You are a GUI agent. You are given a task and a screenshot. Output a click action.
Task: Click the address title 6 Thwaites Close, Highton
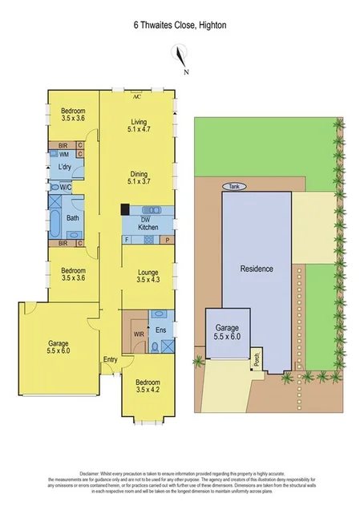click(180, 25)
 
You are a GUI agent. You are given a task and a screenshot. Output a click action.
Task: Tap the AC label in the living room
click(136, 95)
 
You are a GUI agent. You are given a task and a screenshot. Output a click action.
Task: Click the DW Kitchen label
click(148, 224)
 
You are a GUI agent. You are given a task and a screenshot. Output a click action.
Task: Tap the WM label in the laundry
click(63, 153)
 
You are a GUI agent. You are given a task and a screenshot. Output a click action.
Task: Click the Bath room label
click(72, 217)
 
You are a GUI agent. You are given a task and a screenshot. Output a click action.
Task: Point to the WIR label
click(138, 333)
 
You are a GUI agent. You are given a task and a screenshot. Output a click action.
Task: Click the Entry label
click(110, 359)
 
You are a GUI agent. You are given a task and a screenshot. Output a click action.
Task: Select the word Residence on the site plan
click(257, 269)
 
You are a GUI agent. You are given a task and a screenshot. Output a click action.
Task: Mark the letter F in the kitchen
click(127, 239)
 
